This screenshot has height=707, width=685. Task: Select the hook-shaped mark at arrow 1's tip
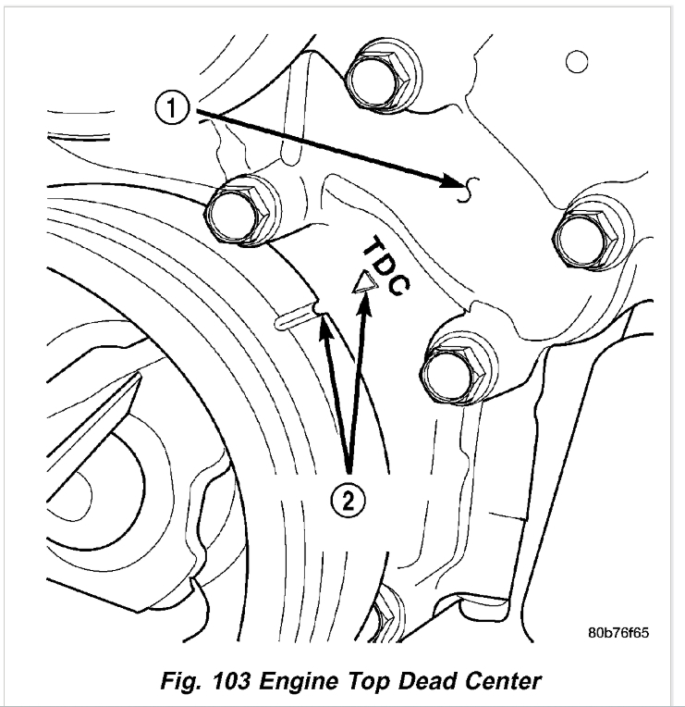click(470, 188)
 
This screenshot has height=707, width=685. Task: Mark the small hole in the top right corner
click(577, 62)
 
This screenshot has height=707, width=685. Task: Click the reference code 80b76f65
click(618, 635)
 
